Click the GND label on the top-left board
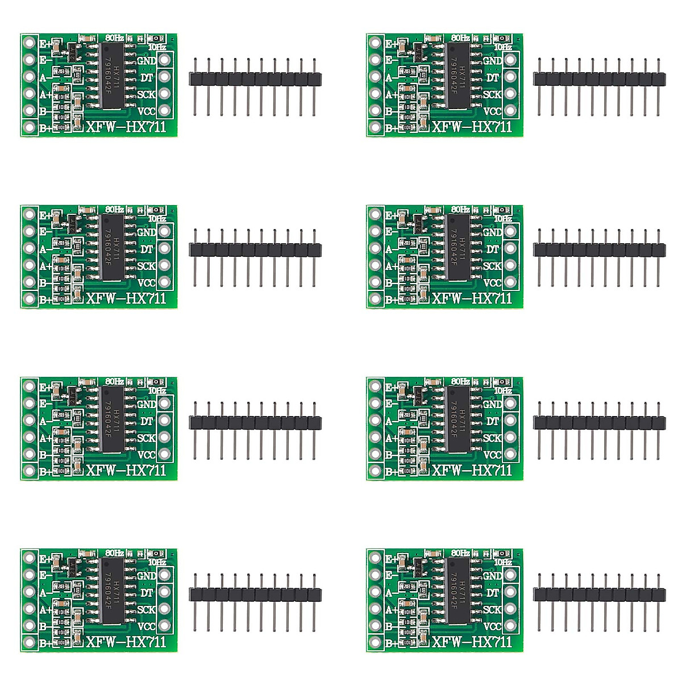(147, 60)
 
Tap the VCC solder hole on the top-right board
(510, 110)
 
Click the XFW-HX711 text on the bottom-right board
(472, 642)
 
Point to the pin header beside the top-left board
(255, 79)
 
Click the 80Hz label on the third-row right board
(460, 381)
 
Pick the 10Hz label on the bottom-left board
(156, 562)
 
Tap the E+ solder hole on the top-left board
(29, 43)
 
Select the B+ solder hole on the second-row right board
(375, 299)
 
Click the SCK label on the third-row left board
(146, 438)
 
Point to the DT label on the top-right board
(493, 77)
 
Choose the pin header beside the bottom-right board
(599, 594)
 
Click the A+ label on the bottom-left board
(45, 610)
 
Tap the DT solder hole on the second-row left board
(165, 248)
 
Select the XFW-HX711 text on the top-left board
(126, 126)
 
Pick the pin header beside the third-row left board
(255, 422)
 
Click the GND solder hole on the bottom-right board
(510, 575)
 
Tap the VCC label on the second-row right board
(492, 282)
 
